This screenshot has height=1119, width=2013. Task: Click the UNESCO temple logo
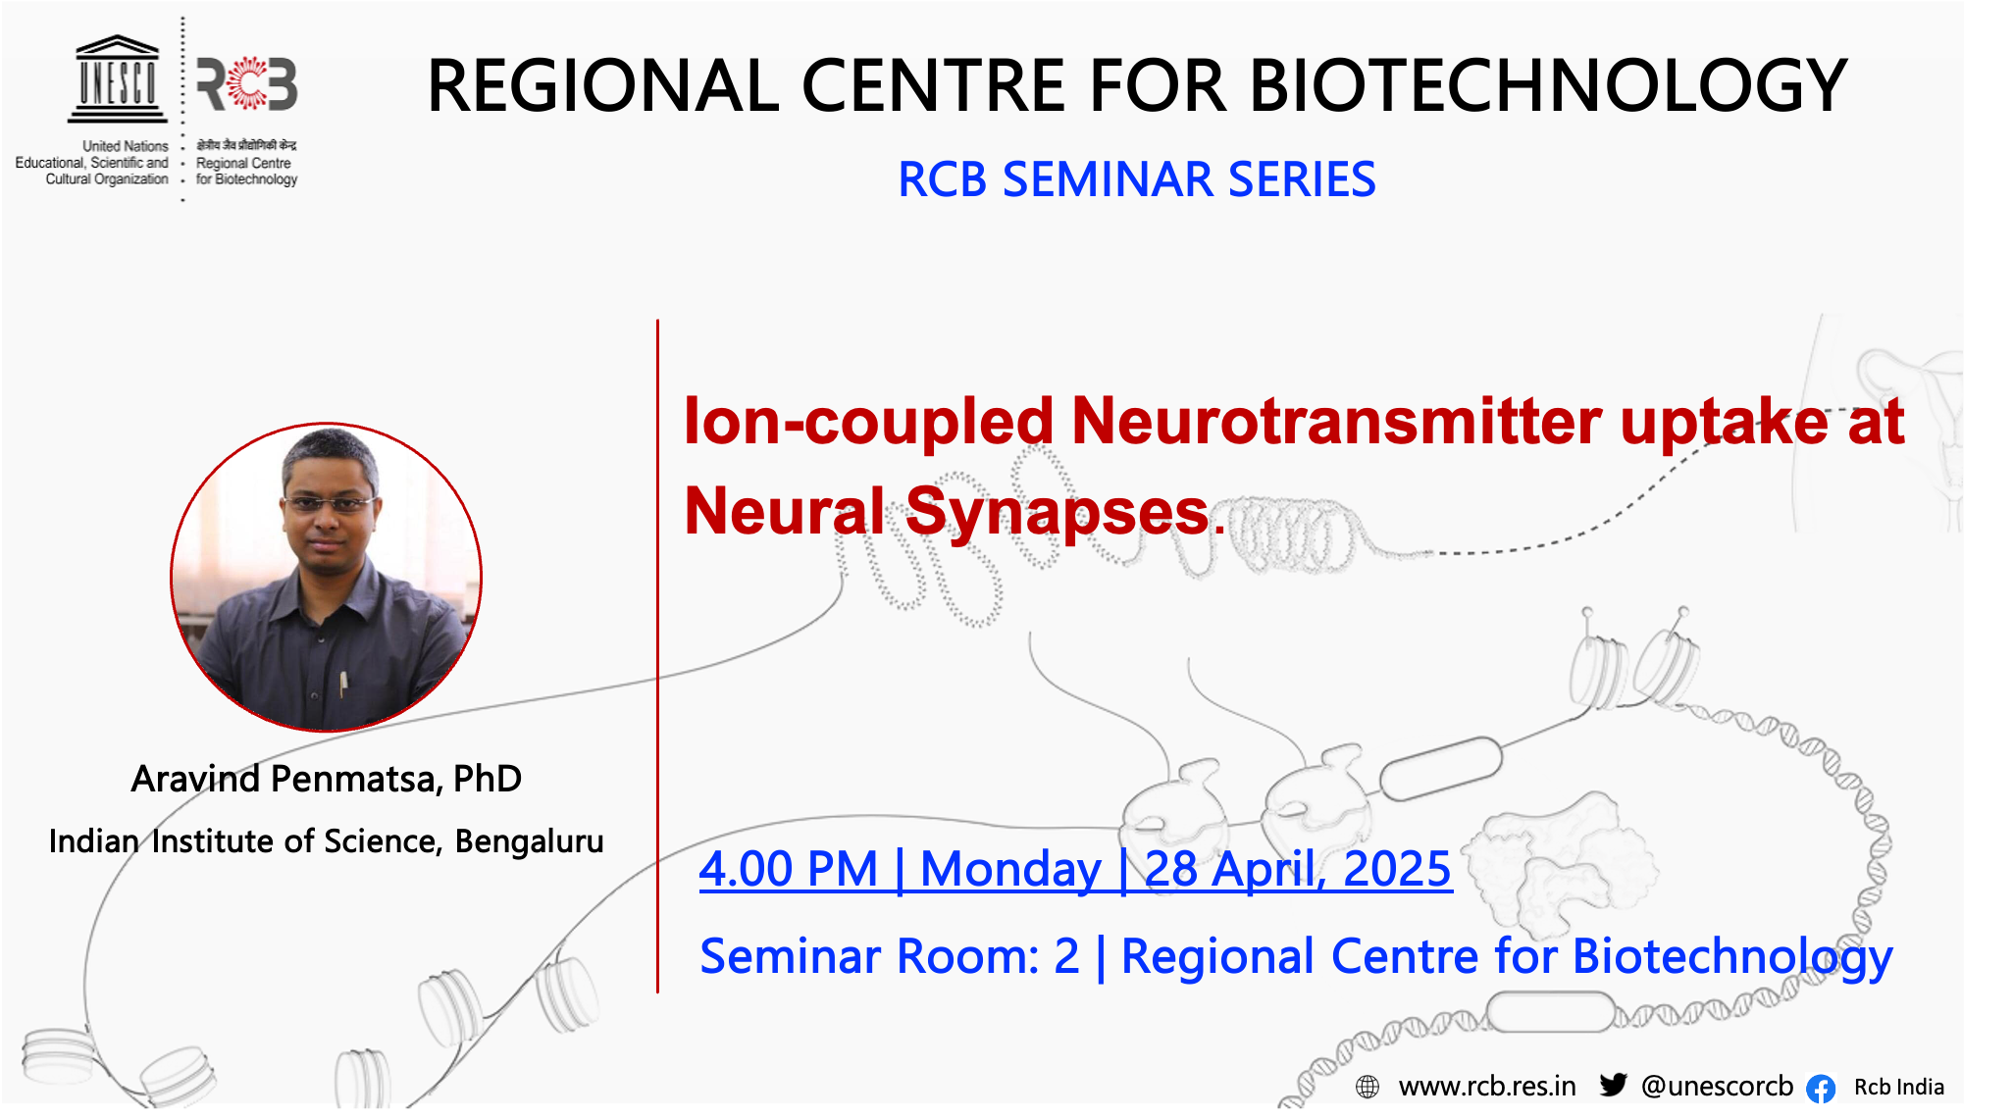click(118, 79)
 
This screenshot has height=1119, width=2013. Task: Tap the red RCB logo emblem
click(247, 84)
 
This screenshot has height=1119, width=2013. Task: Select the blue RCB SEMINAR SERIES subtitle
click(1137, 179)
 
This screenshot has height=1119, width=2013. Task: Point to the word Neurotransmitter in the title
click(1337, 422)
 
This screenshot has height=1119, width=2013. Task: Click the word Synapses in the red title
click(1058, 512)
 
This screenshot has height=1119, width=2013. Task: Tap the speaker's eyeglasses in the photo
click(329, 504)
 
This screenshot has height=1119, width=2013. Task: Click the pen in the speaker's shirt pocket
click(342, 683)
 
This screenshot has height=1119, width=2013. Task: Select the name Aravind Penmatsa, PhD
click(327, 779)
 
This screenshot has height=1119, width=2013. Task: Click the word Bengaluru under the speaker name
click(530, 841)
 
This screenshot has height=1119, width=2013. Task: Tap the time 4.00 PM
click(788, 869)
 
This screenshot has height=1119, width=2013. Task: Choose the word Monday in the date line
click(1010, 870)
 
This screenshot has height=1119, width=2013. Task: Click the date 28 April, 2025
click(1298, 869)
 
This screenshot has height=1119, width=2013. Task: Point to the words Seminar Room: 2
click(889, 956)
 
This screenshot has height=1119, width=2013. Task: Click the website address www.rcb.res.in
click(1487, 1087)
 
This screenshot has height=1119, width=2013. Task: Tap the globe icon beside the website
click(1368, 1087)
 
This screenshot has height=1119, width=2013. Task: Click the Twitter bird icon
click(1614, 1085)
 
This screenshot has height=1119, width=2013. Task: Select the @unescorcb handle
click(1717, 1087)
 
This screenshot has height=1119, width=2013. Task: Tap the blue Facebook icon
click(1821, 1089)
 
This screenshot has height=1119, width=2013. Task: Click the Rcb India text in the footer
click(1899, 1088)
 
